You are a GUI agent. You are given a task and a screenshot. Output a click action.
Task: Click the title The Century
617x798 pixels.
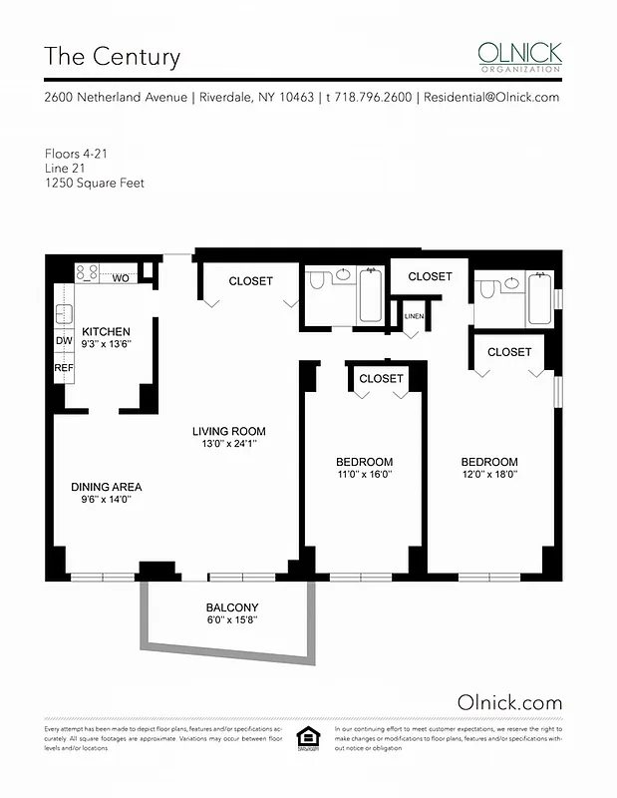tap(112, 56)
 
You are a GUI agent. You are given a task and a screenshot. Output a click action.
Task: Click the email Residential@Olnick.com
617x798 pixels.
tap(491, 98)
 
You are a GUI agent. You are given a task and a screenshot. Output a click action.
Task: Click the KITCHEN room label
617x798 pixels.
tap(106, 331)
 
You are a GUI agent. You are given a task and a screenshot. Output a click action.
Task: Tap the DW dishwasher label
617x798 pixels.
tap(64, 341)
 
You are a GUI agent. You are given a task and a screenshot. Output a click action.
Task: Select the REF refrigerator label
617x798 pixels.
tap(64, 368)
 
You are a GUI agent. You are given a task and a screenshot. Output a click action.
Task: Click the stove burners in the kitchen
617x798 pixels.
tap(87, 270)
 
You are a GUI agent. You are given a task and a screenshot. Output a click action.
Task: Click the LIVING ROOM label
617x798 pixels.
tap(229, 432)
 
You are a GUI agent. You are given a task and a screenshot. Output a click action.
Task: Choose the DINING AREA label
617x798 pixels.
tap(106, 487)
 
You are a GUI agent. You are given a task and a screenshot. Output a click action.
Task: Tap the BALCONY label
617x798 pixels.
tap(232, 607)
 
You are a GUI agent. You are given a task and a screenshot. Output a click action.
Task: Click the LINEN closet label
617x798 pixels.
tap(414, 317)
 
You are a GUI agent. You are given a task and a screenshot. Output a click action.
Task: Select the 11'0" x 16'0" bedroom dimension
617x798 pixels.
tap(364, 476)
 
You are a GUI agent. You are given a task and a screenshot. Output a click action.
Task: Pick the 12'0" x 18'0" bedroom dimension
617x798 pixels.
tap(489, 476)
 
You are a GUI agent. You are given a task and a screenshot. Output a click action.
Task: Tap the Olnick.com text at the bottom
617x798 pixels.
tap(509, 702)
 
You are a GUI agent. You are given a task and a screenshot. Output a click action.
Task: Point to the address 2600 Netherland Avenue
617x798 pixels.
tap(116, 98)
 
